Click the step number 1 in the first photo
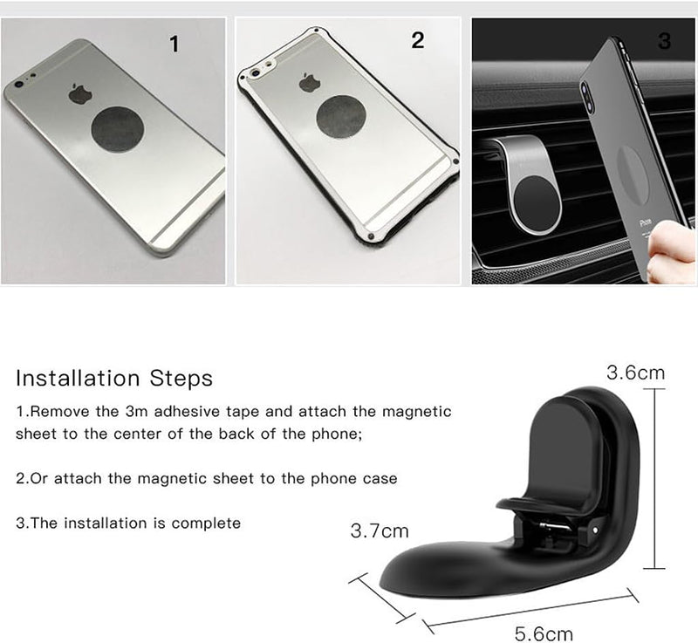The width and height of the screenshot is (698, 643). click(174, 44)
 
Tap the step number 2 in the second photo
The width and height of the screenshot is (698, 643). click(418, 40)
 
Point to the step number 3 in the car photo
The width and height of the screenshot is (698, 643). click(664, 40)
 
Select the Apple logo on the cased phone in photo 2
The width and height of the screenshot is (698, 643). click(310, 83)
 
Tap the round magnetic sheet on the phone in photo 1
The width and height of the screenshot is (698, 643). click(118, 129)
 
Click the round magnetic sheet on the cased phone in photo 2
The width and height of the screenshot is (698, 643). click(341, 117)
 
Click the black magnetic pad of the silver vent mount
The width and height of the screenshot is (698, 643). click(535, 202)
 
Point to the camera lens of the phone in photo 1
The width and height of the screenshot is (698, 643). click(18, 84)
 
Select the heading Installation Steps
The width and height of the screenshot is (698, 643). click(114, 379)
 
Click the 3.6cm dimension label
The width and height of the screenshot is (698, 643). click(636, 373)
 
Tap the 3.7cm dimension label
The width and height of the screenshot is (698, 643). click(380, 530)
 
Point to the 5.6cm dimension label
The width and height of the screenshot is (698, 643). click(544, 633)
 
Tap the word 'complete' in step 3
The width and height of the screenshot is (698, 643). click(206, 523)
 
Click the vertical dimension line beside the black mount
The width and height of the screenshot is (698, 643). click(654, 478)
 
